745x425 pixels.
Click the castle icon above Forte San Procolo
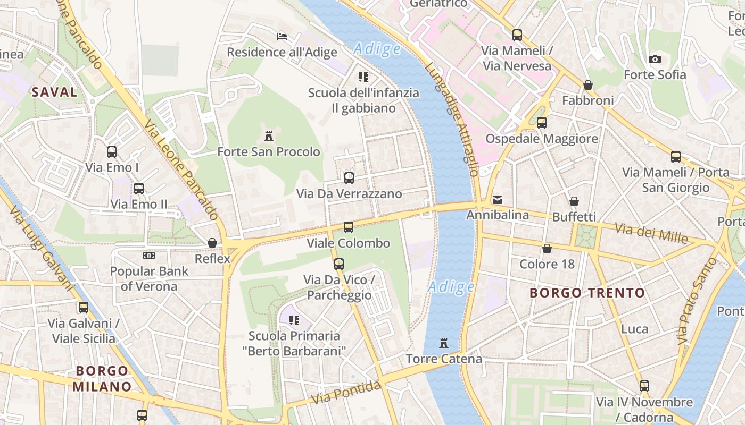point(269,136)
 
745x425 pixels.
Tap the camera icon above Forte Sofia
point(655,59)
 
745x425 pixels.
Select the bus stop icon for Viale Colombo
point(349,227)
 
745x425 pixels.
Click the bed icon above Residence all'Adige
point(282,36)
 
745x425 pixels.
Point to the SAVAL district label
point(54,92)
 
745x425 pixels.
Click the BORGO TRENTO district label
point(587,293)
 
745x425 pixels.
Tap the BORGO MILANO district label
point(102,379)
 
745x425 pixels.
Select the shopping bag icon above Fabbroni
point(588,85)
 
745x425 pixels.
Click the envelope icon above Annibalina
point(498,200)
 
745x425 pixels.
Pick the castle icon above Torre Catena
point(444,343)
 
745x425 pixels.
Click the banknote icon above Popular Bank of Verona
point(149,256)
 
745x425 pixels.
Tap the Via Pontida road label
point(346,392)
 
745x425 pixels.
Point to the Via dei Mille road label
point(651,232)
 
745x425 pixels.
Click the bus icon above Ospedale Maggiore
point(542,123)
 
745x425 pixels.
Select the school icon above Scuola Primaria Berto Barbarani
point(294,320)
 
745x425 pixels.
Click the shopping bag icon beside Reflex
point(212,243)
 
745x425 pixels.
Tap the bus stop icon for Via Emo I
point(112,152)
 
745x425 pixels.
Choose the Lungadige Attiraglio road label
point(452,120)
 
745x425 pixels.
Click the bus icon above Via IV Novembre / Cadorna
point(644,386)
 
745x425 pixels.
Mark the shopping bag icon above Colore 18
point(547,249)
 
